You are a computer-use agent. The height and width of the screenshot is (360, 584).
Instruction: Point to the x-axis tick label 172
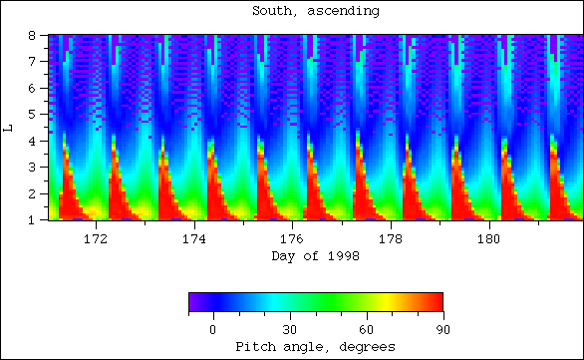(x=96, y=239)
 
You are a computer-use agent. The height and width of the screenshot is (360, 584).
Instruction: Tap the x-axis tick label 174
(x=194, y=239)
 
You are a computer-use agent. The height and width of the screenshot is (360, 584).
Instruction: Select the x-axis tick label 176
(x=292, y=239)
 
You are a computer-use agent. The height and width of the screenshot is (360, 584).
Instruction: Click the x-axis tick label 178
(x=391, y=239)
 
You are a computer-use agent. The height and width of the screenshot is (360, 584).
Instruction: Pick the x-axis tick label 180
(x=489, y=239)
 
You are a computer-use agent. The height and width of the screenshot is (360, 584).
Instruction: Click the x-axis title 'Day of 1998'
(x=315, y=256)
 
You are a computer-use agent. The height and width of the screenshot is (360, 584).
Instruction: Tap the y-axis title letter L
(x=9, y=127)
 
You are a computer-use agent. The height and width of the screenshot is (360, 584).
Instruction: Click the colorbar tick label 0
(x=212, y=329)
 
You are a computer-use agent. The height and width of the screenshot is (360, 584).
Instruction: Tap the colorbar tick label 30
(x=289, y=329)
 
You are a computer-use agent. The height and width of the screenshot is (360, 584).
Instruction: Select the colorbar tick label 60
(x=366, y=329)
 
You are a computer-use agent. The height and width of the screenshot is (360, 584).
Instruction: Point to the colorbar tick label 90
(x=441, y=329)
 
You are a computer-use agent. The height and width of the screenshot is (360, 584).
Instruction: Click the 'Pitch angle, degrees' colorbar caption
(x=315, y=346)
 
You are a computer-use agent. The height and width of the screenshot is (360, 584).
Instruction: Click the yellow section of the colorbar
(x=387, y=302)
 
